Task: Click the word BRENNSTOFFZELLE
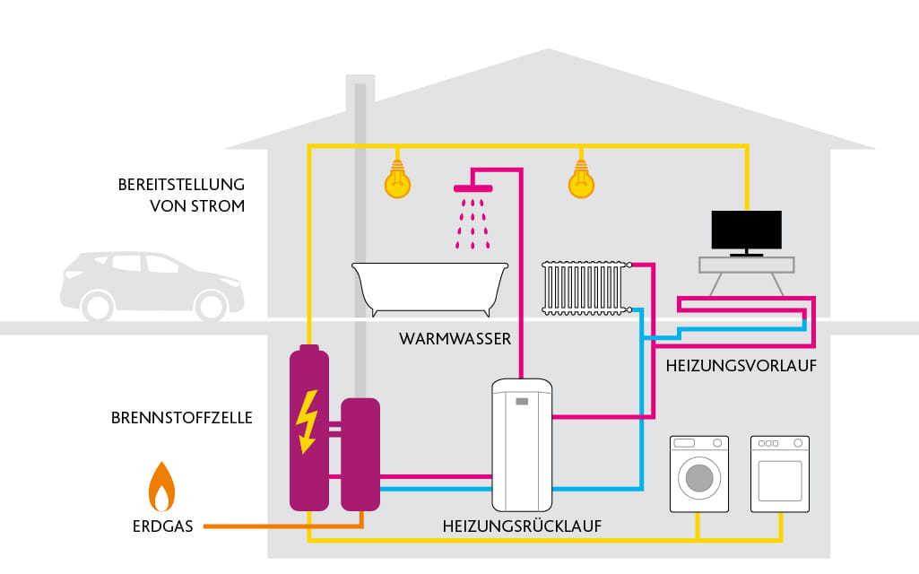(x=182, y=418)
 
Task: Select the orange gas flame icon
(x=161, y=488)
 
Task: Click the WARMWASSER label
(x=455, y=339)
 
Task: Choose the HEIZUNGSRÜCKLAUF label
(x=522, y=526)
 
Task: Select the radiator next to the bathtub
(x=584, y=287)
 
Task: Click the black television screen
(x=746, y=230)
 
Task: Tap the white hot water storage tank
(x=522, y=444)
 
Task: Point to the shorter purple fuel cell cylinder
(x=360, y=454)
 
